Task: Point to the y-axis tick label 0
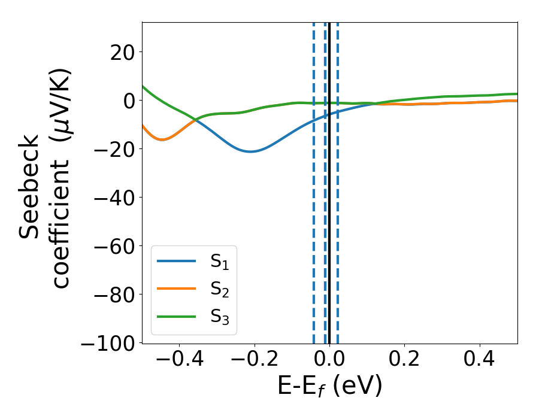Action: click(128, 100)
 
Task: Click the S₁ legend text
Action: click(219, 262)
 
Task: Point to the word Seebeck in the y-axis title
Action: click(30, 187)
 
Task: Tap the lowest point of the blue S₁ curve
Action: click(251, 151)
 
